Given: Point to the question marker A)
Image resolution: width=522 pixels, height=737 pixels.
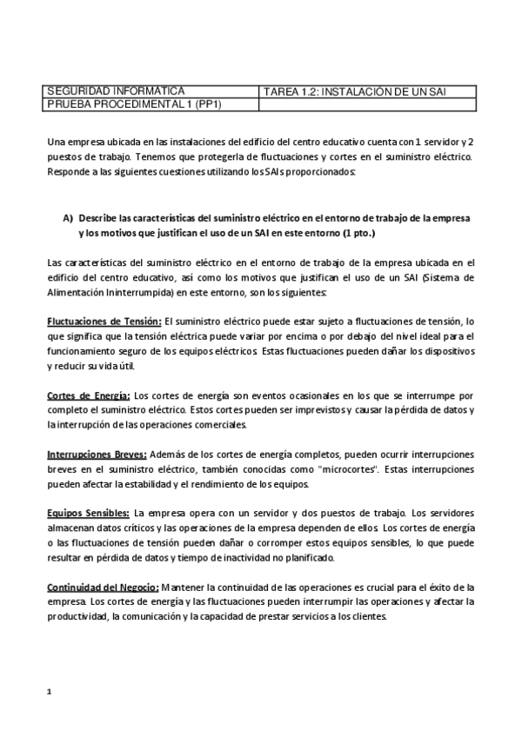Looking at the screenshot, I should [66, 217].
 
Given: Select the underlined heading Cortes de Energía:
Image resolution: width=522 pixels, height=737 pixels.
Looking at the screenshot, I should [89, 394].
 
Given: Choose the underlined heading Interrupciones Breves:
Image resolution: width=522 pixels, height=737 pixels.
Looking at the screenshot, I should [97, 454].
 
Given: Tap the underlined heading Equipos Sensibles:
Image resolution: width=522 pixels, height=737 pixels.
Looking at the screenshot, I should [88, 514].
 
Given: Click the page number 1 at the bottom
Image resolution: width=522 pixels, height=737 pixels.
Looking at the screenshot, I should [49, 692].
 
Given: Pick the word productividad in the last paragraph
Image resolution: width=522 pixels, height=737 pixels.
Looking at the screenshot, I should [75, 616].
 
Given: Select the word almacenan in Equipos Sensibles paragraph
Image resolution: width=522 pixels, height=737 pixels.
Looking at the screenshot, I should [72, 528].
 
